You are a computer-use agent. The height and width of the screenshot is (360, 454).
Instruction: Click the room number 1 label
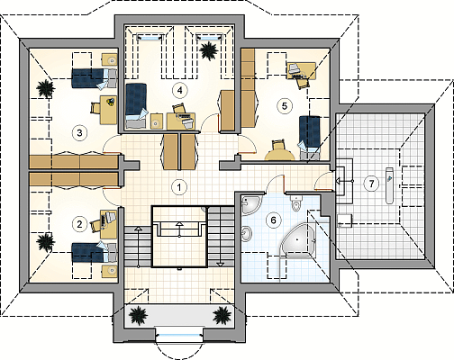[x=179, y=187]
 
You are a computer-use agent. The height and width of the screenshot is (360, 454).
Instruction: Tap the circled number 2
[x=79, y=224]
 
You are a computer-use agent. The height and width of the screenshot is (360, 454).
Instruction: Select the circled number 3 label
[x=79, y=132]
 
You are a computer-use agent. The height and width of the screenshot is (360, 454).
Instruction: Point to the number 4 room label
[x=179, y=90]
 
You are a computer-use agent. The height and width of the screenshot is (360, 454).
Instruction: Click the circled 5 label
[x=284, y=105]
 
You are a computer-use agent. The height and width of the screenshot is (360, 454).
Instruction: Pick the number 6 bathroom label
[x=273, y=220]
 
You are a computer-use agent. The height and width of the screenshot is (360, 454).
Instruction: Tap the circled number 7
[x=371, y=183]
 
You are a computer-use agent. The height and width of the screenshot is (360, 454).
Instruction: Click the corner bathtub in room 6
[x=299, y=239]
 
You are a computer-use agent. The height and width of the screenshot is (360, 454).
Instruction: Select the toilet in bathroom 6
[x=295, y=203]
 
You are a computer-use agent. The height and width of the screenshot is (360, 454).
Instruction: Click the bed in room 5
[x=310, y=137]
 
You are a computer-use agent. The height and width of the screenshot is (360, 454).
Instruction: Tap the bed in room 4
[x=136, y=106]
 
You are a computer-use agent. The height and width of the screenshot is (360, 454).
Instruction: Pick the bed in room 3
[x=95, y=78]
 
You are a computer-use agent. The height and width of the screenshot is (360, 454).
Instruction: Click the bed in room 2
[x=95, y=252]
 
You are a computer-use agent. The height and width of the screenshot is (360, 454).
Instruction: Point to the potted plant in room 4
[x=209, y=50]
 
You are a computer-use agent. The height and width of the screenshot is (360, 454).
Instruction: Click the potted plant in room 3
[x=45, y=88]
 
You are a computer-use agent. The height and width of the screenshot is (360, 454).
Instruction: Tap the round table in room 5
[x=279, y=155]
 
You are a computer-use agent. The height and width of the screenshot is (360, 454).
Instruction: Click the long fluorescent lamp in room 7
[x=389, y=186]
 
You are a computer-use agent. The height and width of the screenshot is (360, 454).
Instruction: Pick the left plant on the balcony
[x=138, y=315]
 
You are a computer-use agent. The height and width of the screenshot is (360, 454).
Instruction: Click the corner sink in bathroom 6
[x=251, y=204]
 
